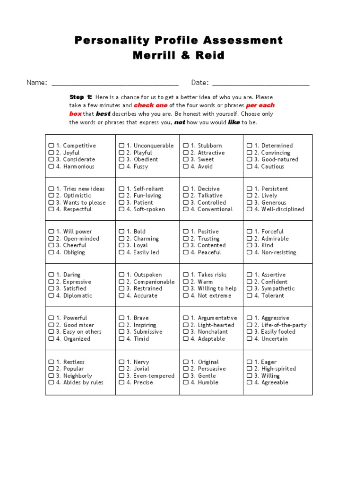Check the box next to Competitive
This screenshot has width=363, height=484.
51,146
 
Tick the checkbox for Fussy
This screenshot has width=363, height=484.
121,166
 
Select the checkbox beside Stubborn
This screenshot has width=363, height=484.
186,146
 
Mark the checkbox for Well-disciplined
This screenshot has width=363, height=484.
249,209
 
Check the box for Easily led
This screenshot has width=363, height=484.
121,252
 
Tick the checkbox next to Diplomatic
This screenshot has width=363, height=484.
51,295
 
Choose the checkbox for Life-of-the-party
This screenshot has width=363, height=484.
249,325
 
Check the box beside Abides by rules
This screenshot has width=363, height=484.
51,382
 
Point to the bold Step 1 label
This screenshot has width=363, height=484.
81,97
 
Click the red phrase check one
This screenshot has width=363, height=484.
150,105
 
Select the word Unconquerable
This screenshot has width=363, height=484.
154,146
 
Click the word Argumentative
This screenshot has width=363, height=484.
217,318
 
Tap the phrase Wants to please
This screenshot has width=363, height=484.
84,202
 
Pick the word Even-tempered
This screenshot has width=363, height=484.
154,376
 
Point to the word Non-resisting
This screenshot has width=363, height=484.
279,252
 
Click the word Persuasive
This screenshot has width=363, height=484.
211,369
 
